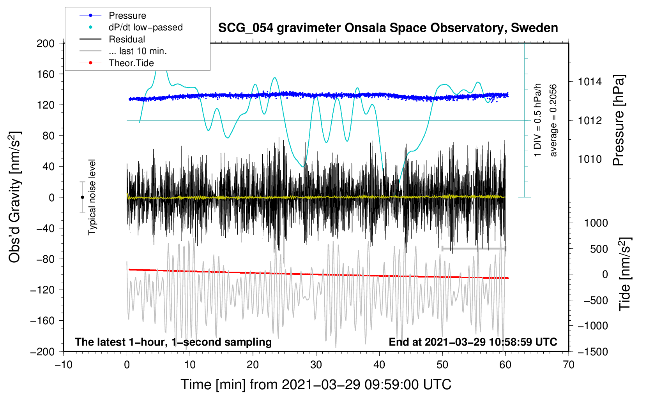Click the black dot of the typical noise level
pyautogui.click(x=82, y=197)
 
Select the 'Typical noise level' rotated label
pyautogui.click(x=92, y=197)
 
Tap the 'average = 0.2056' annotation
pyautogui.click(x=553, y=120)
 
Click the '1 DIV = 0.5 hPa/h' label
pyautogui.click(x=537, y=120)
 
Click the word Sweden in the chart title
pyautogui.click(x=534, y=28)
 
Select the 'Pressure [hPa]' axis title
pyautogui.click(x=619, y=120)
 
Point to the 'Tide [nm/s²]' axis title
pyautogui.click(x=625, y=274)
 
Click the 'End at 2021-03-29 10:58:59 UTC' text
pyautogui.click(x=473, y=342)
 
